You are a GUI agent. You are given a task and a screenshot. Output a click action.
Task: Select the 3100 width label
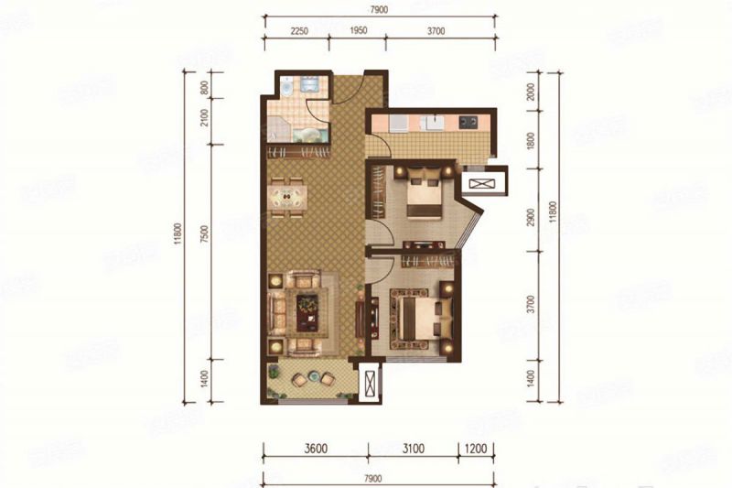pyautogui.click(x=414, y=450)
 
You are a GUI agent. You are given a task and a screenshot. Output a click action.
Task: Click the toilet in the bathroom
pyautogui.click(x=286, y=89)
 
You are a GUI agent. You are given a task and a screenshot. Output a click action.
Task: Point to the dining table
pyautogui.click(x=287, y=196)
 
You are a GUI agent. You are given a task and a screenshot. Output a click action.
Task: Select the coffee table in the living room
pyautogui.click(x=307, y=311)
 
